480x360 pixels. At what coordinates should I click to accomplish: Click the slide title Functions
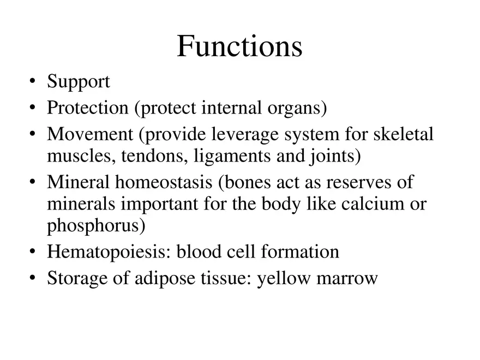point(239,46)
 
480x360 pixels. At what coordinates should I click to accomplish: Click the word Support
point(79,82)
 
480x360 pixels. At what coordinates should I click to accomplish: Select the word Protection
point(87,108)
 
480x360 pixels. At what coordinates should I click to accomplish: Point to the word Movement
point(90,134)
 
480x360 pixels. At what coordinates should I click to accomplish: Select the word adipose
point(154,278)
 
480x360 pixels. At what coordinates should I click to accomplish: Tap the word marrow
point(350,278)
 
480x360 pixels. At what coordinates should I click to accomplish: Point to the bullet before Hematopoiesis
point(33,253)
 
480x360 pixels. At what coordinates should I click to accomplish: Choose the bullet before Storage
point(33,279)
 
